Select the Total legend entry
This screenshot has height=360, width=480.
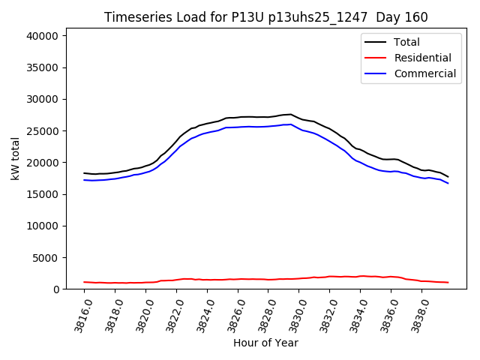[x=406, y=42]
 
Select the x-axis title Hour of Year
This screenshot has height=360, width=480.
[x=265, y=343]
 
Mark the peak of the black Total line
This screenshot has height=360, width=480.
[x=290, y=115]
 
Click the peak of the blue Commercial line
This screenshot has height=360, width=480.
[x=290, y=124]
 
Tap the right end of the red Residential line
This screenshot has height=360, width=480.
[x=448, y=283]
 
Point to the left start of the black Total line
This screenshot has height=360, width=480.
[x=84, y=173]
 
